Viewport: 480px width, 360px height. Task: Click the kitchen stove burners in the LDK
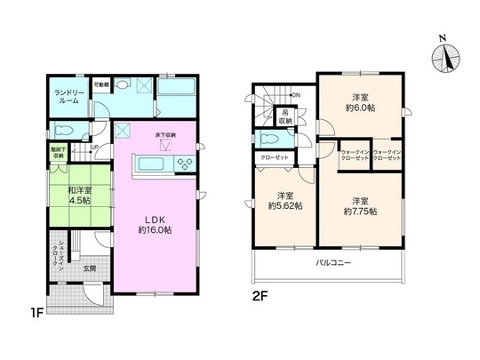pyautogui.click(x=187, y=164)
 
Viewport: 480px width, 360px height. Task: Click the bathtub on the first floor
pyautogui.click(x=181, y=91)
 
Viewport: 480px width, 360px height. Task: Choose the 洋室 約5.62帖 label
pyautogui.click(x=286, y=200)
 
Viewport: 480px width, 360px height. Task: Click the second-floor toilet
pyautogui.click(x=268, y=140)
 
